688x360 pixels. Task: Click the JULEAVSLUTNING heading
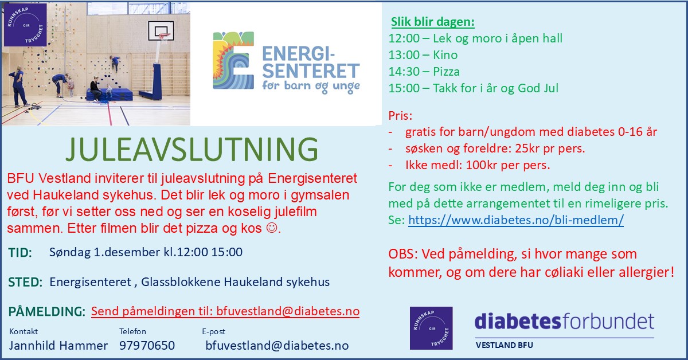coord(192,149)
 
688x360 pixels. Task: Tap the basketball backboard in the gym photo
coord(161,31)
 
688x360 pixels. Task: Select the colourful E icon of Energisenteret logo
coord(233,60)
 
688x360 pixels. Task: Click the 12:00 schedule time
coord(404,38)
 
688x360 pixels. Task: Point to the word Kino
coord(445,55)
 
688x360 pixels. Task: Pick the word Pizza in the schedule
coord(446,72)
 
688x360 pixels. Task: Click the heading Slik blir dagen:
coord(433,22)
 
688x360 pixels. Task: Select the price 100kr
coord(481,165)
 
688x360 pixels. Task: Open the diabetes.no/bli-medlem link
coord(516,220)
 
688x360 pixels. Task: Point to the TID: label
coord(20,252)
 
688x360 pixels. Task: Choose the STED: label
coord(25,282)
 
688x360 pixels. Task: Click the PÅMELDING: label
coord(46,311)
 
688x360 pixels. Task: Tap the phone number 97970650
coord(147,346)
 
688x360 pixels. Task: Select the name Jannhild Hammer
coord(58,346)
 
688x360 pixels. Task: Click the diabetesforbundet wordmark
coord(564,322)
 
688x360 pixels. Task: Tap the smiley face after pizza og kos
coord(272,228)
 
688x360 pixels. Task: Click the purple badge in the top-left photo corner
coord(25,25)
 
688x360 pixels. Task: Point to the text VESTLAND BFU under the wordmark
coord(505,345)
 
